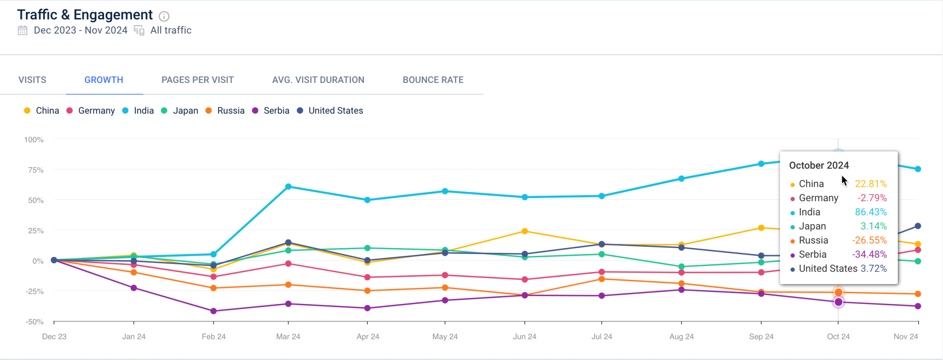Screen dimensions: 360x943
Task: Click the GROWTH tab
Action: pos(104,80)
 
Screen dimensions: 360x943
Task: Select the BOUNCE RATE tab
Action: pos(433,80)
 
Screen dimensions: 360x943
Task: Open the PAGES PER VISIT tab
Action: pos(198,80)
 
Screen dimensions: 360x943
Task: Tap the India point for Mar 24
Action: pos(288,186)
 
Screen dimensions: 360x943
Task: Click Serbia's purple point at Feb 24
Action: pos(213,311)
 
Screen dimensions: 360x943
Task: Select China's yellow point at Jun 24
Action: pos(524,231)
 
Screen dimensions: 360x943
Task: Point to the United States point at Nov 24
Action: pos(918,226)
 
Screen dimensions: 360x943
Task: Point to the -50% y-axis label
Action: pos(35,322)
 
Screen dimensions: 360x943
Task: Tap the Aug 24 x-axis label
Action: pos(681,337)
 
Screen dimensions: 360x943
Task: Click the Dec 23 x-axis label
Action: pos(54,337)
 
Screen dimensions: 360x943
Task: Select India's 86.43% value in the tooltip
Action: pos(870,212)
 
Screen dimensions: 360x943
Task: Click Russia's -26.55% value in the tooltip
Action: pos(869,240)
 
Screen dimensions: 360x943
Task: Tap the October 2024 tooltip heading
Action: pos(819,165)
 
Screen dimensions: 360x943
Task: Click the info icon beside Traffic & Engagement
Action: pos(164,16)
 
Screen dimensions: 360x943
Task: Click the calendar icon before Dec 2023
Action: pos(23,30)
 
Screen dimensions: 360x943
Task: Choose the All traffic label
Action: pos(171,30)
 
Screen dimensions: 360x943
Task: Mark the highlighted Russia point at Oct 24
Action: pos(838,292)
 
